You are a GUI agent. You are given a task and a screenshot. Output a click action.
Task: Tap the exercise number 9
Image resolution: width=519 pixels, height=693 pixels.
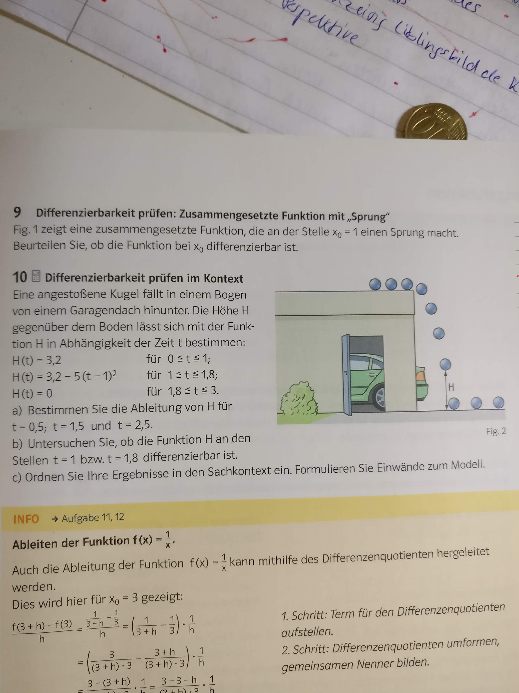tap(18, 213)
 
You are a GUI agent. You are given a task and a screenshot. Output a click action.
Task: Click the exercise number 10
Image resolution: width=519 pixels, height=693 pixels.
tap(20, 277)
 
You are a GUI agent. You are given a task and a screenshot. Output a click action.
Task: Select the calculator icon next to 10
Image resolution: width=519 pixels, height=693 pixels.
tap(36, 276)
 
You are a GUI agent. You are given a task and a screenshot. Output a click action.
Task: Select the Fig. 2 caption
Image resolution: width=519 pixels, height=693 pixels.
tap(495, 432)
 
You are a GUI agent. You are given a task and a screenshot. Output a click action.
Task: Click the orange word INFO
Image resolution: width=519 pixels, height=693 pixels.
tap(26, 519)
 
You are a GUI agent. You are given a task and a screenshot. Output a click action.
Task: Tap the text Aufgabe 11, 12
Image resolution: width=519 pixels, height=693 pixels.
tap(93, 518)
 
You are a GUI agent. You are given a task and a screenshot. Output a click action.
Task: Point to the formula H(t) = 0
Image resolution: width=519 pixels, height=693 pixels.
tap(32, 393)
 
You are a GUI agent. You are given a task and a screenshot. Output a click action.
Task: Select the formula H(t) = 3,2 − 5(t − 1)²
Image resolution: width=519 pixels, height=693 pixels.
tap(64, 376)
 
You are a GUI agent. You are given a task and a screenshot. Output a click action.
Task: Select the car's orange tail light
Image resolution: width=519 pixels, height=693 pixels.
tap(420, 374)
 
